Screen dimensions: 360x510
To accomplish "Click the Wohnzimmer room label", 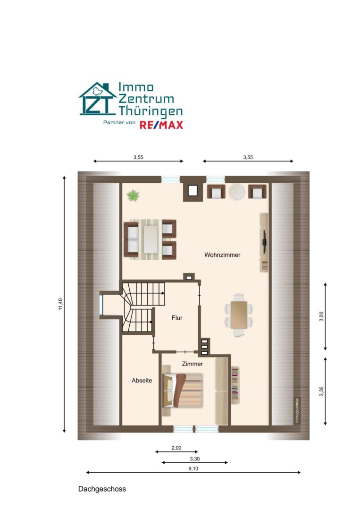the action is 222,255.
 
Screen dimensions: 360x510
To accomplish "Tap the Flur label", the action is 177,318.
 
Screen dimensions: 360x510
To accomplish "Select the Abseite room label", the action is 142,381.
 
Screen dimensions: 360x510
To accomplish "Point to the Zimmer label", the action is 193,364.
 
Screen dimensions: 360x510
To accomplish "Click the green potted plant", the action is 133,196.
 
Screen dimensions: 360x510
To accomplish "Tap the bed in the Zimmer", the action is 183,391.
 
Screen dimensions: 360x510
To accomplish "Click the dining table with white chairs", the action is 239,315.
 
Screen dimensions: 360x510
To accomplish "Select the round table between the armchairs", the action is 236,192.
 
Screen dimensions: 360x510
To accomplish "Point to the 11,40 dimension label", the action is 60,304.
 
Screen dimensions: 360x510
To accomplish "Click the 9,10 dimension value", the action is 193,469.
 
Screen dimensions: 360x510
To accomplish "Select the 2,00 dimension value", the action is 176,448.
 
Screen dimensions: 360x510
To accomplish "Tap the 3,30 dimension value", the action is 194,459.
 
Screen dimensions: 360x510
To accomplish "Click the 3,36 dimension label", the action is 321,391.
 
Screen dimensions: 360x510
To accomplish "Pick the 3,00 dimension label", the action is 321,316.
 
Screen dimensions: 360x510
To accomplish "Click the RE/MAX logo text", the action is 161,125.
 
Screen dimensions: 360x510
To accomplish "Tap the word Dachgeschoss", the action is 102,489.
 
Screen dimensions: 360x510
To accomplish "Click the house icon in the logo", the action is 98,99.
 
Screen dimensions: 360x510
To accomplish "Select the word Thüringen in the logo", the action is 151,111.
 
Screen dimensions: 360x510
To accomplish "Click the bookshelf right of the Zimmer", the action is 235,385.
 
